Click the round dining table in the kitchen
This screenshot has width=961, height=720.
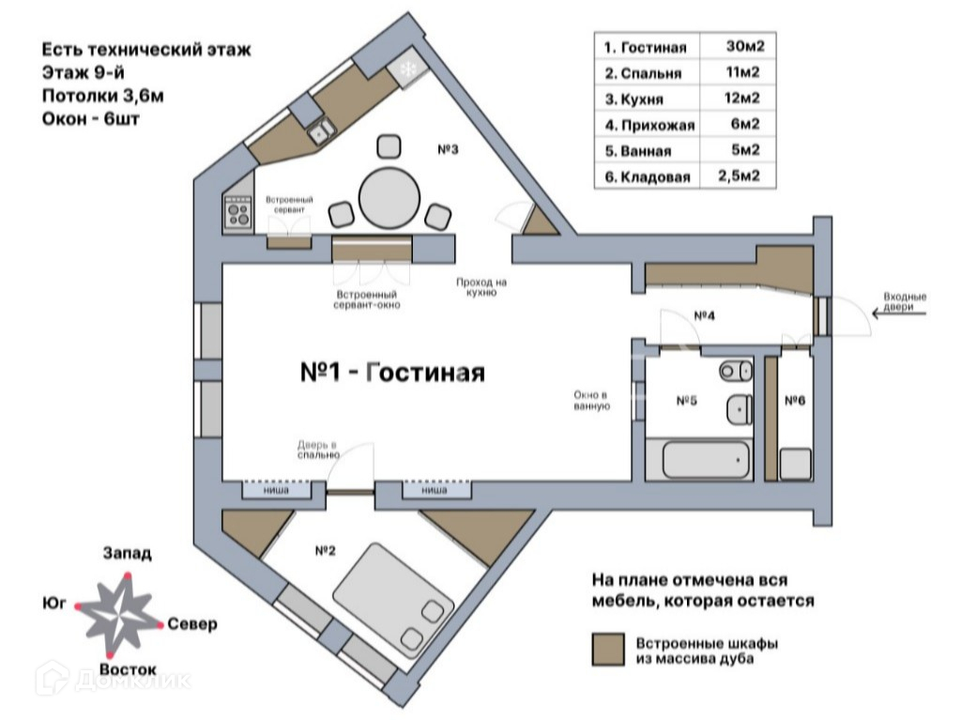(389, 199)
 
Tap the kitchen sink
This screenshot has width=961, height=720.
(321, 130)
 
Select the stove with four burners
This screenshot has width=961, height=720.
(238, 212)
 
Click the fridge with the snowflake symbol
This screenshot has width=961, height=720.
(407, 69)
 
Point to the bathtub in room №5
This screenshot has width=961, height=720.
(706, 459)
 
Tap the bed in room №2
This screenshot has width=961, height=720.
(393, 599)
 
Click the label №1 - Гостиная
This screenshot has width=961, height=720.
(392, 372)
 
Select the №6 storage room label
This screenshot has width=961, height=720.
(795, 401)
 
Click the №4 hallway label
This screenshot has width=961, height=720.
(704, 315)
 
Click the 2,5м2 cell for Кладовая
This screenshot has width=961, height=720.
(740, 176)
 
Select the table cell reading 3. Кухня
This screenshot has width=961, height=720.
(633, 100)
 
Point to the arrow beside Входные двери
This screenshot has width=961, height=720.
(899, 314)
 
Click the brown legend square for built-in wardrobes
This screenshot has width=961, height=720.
(608, 650)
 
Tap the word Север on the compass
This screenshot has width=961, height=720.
(191, 624)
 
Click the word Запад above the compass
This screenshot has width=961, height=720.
(127, 553)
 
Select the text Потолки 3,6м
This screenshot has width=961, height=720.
(102, 96)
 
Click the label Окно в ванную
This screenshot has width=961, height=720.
(591, 400)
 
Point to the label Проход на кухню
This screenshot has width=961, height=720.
(481, 287)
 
